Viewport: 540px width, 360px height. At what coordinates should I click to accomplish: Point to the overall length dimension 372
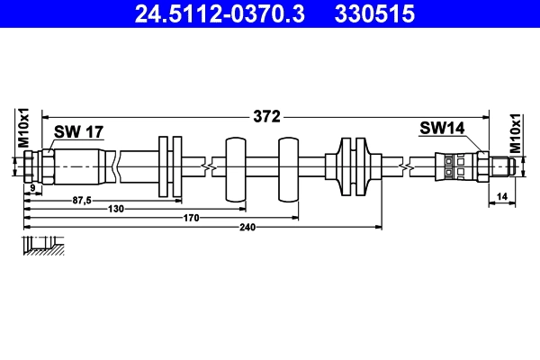tap(267, 116)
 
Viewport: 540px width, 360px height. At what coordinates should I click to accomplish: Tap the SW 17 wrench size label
tap(78, 131)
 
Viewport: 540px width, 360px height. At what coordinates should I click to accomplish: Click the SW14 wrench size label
tap(441, 129)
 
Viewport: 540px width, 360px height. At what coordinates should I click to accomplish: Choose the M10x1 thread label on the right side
tap(516, 131)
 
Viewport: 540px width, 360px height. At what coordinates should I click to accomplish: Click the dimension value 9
tap(32, 187)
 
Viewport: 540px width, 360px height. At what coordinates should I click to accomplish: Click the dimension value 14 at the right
tap(502, 194)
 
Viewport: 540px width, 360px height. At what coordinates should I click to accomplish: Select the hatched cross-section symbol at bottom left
tap(43, 246)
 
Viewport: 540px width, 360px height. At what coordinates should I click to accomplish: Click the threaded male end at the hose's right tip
tap(504, 166)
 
